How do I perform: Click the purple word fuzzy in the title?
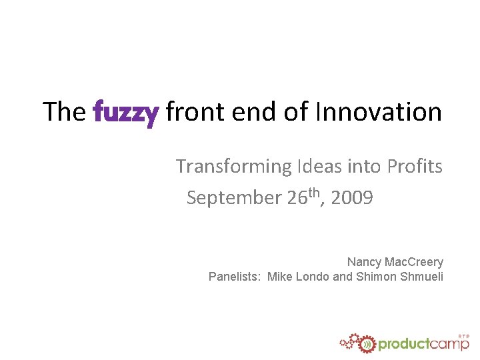[x=126, y=113]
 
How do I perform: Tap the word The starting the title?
[x=64, y=111]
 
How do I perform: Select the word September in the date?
[x=235, y=199]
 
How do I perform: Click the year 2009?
[x=353, y=198]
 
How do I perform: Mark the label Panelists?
[x=235, y=277]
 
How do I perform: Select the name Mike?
[x=279, y=277]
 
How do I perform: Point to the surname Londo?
[x=312, y=277]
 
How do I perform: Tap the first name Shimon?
[x=376, y=277]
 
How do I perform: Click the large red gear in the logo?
[x=365, y=343]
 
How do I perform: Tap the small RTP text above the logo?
[x=464, y=335]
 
